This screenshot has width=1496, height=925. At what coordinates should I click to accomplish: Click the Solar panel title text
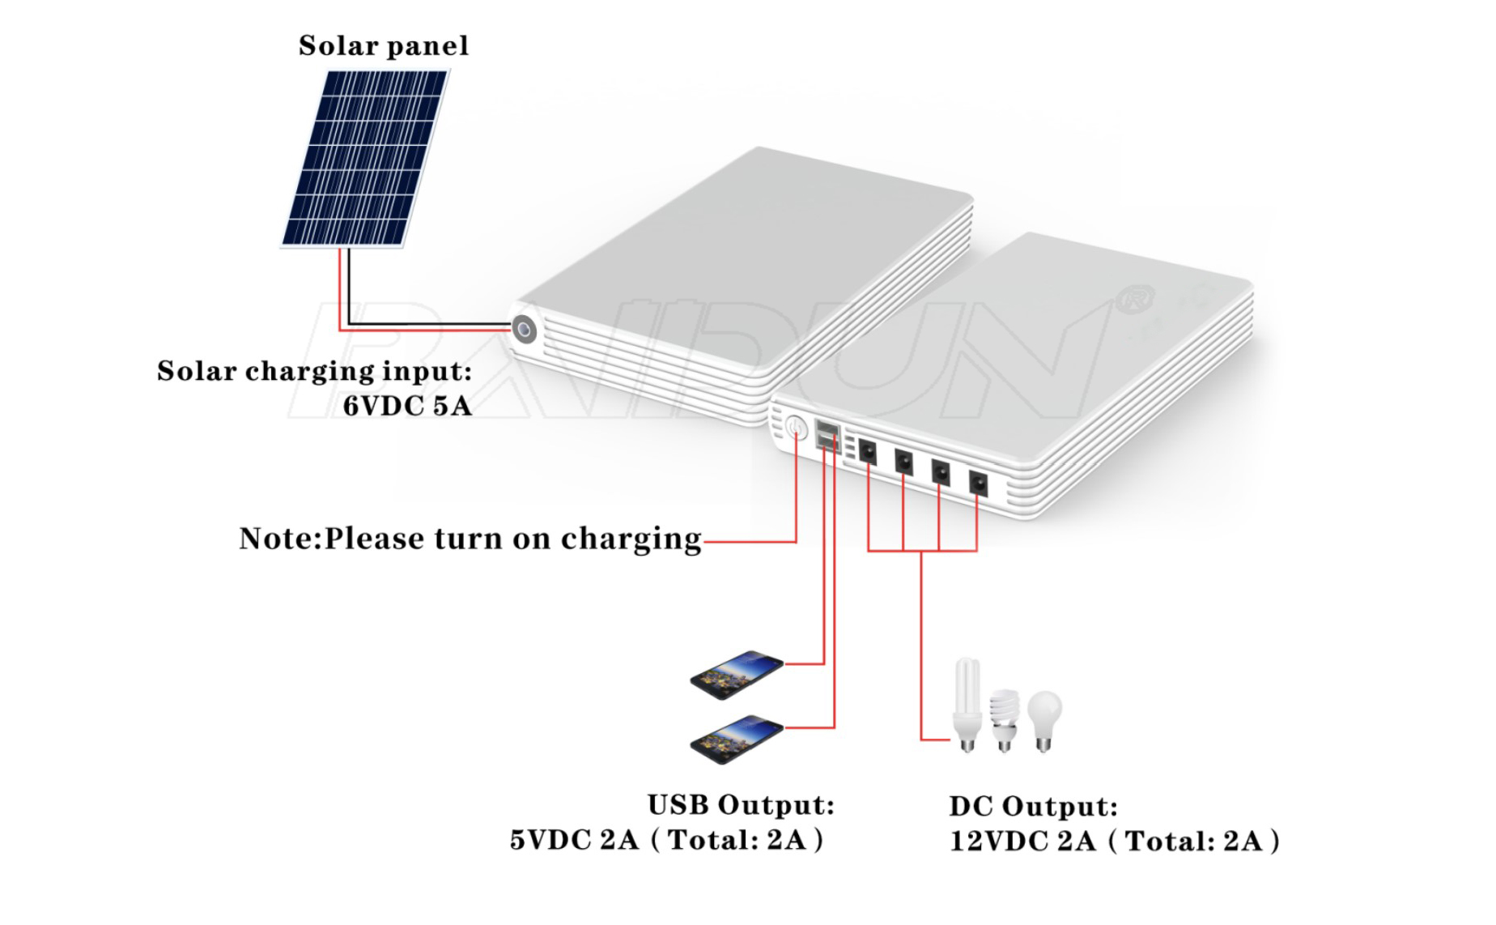[384, 45]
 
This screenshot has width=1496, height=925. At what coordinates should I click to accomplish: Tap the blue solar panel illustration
[364, 158]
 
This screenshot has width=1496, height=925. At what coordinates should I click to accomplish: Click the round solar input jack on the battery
[524, 330]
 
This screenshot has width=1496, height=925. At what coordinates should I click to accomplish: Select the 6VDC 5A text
[407, 406]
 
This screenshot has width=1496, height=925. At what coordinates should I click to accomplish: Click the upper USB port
[827, 427]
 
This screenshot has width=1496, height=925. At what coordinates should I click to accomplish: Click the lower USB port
[827, 442]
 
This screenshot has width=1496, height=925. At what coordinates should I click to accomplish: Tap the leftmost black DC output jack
[867, 452]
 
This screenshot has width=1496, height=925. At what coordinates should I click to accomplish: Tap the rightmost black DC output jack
[978, 484]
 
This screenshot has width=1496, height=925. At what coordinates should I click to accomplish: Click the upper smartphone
[737, 671]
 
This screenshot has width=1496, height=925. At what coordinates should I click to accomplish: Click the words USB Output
[741, 805]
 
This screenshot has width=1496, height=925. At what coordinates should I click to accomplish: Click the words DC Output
[1033, 807]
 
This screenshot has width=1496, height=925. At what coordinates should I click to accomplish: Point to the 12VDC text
[998, 842]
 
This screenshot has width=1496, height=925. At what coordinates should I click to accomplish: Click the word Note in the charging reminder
[277, 539]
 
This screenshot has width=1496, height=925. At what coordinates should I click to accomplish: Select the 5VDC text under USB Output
[550, 840]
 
